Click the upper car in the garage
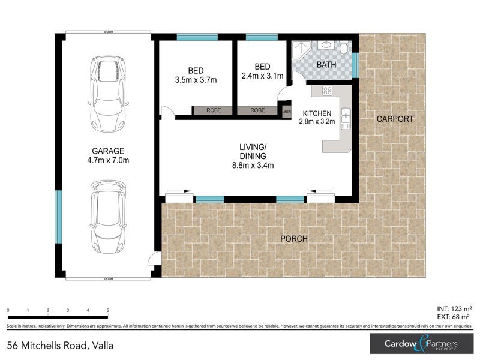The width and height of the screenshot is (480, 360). click(x=109, y=94)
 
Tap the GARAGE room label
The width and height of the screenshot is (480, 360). click(x=108, y=151)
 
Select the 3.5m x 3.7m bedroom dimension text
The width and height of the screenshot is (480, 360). click(x=196, y=79)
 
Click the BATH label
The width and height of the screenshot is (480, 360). click(x=327, y=65)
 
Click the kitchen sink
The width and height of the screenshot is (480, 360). click(x=345, y=118)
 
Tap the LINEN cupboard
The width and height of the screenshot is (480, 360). click(x=286, y=111)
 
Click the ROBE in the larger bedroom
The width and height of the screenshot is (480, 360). click(x=213, y=111)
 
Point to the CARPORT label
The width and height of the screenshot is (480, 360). click(x=394, y=119)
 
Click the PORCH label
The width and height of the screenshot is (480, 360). click(x=294, y=239)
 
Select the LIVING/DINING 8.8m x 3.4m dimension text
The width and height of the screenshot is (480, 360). click(x=254, y=166)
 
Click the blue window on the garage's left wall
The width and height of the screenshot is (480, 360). click(x=58, y=217)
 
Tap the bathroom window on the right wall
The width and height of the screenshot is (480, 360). click(x=355, y=65)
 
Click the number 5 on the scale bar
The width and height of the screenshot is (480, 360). click(x=108, y=310)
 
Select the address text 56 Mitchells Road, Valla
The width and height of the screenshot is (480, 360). click(x=60, y=346)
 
